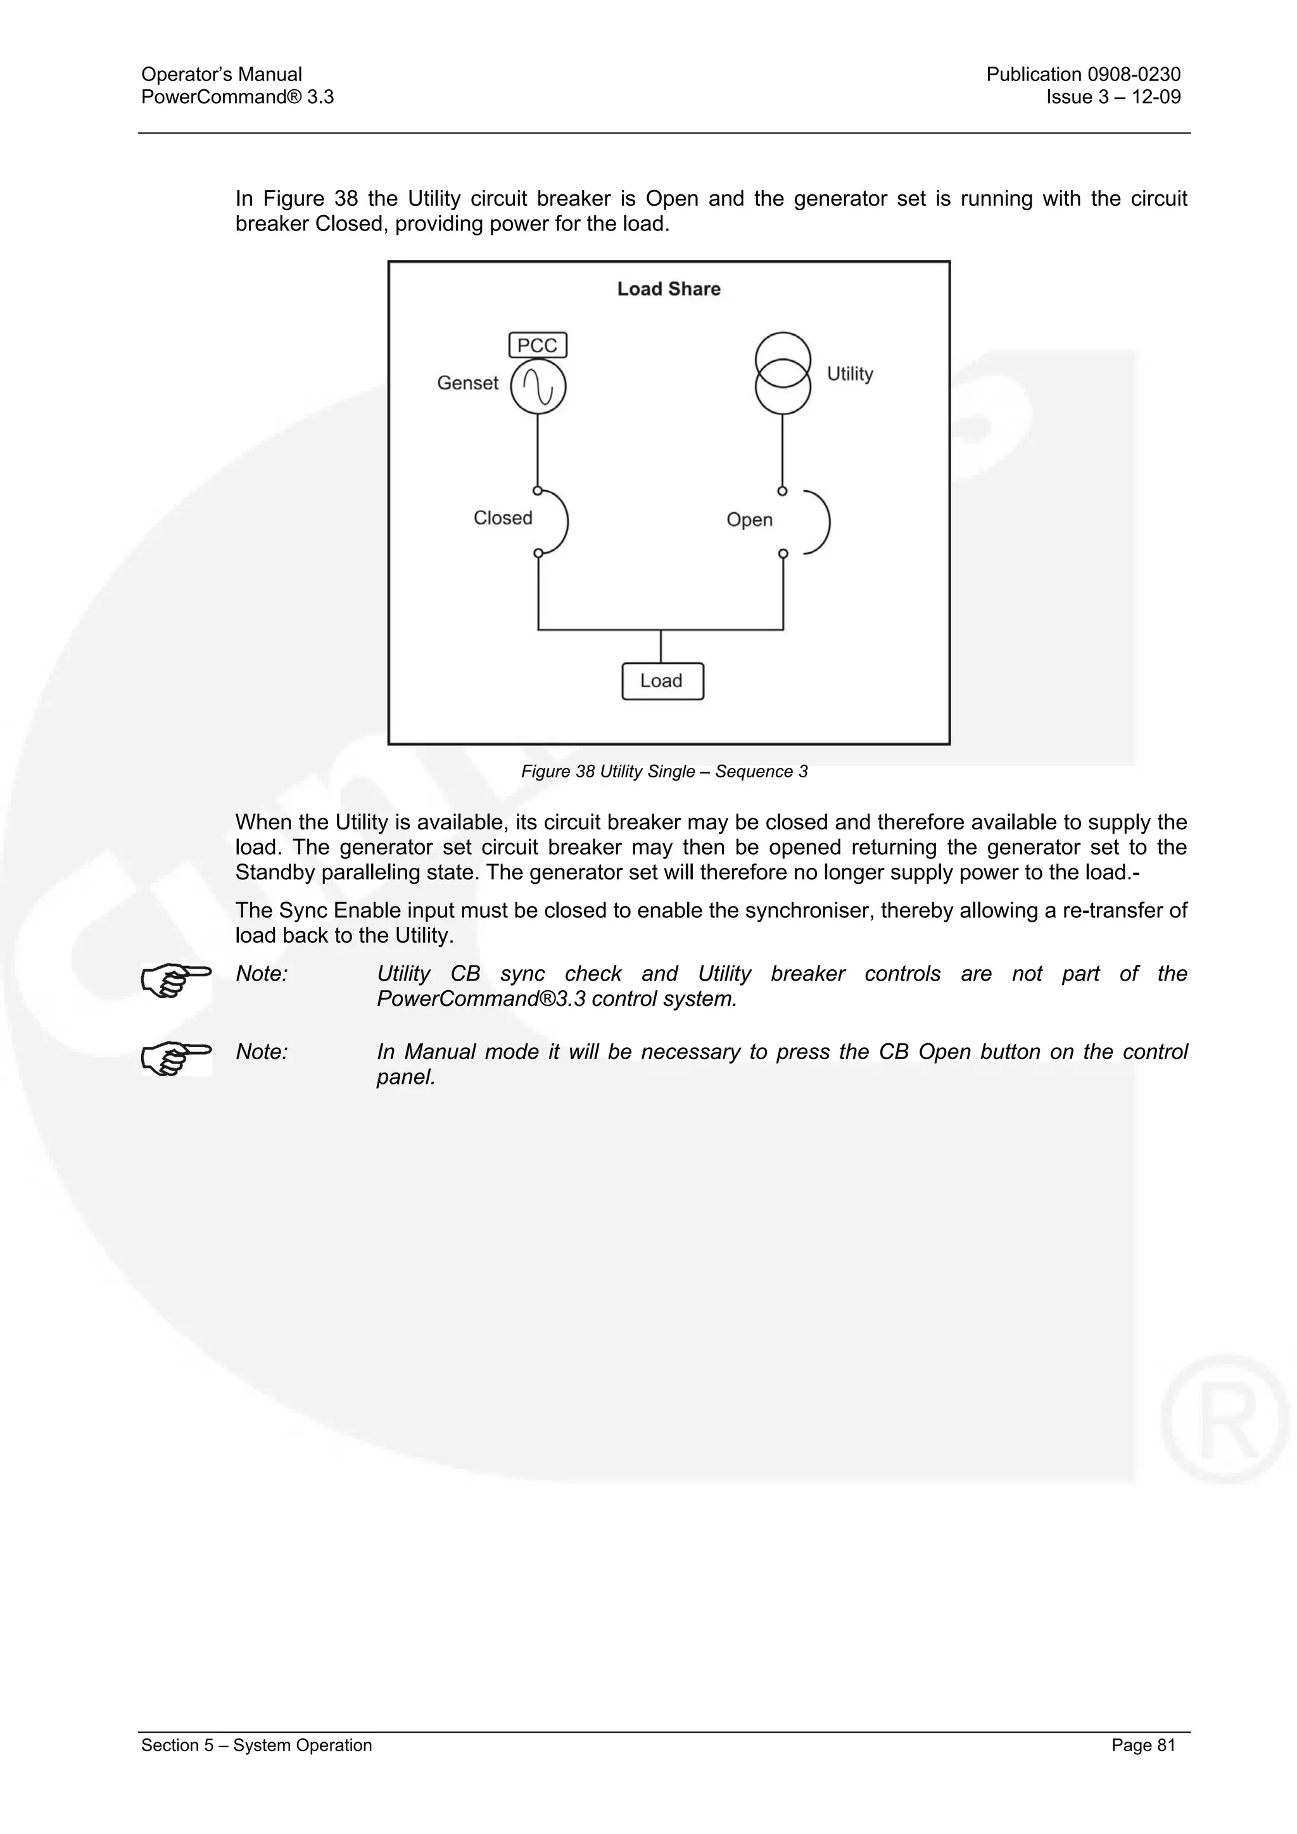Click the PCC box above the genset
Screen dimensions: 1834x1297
(538, 345)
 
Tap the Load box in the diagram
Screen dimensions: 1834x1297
(662, 681)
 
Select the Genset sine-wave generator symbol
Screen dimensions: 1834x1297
(538, 387)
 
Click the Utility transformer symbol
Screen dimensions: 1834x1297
(783, 373)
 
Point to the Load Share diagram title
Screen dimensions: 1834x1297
(669, 289)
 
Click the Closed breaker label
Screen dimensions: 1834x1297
(503, 518)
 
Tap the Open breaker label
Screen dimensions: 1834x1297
(750, 520)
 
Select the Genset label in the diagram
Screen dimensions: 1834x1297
(467, 384)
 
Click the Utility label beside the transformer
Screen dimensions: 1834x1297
(849, 374)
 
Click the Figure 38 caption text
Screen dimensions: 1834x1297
(664, 772)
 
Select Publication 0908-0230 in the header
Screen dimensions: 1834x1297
(1083, 74)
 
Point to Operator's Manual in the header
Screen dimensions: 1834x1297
(222, 74)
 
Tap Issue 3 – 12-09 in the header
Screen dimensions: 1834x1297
(1113, 97)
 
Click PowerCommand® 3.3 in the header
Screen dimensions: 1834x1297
(237, 97)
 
